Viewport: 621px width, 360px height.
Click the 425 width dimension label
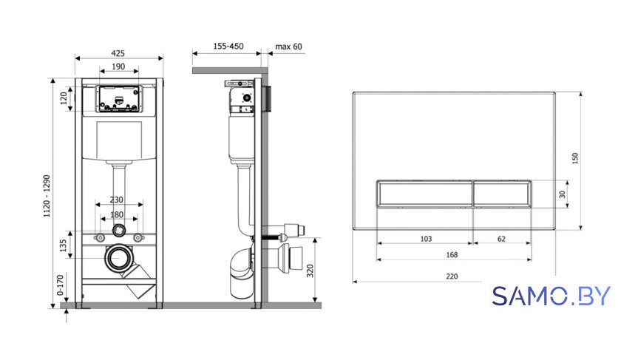(118, 53)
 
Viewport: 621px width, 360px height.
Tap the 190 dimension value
(118, 67)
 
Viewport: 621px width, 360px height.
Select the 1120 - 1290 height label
(47, 196)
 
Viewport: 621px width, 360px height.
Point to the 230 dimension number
(117, 200)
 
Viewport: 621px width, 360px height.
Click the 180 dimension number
(117, 214)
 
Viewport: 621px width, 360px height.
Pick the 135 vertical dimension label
(64, 245)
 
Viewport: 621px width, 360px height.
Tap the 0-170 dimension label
(60, 285)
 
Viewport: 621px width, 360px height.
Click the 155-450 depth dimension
(228, 47)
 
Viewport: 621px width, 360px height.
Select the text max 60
(289, 47)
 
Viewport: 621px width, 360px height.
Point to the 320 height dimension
(310, 271)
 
